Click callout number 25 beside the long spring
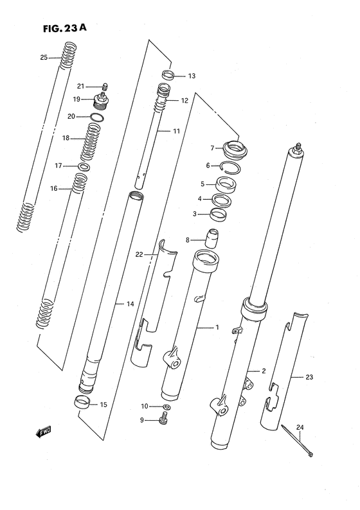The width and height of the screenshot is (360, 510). coord(44,58)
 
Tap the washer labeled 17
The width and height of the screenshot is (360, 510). coord(84,167)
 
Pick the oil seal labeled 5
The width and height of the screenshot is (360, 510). coord(225,185)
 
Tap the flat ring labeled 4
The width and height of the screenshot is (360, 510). coord(222,200)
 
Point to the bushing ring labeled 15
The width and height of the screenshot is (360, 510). coord(81,405)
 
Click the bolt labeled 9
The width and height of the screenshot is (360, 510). coord(165,421)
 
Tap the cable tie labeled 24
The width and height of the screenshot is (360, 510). coord(297,441)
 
